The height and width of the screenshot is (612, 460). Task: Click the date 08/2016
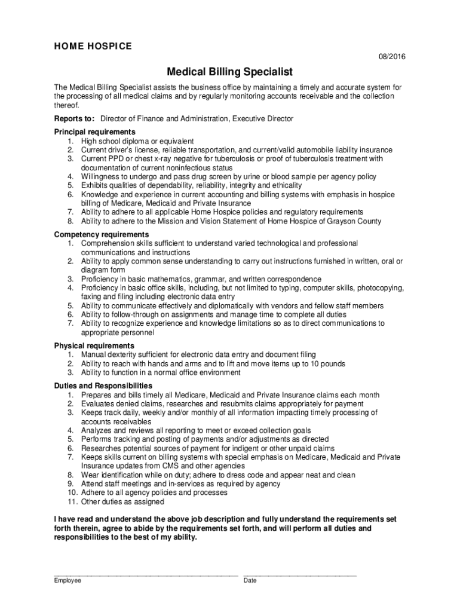click(x=392, y=57)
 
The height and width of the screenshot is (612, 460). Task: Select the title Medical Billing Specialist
click(x=229, y=72)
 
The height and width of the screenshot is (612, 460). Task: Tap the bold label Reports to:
click(x=75, y=119)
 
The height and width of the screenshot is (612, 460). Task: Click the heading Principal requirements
click(x=94, y=131)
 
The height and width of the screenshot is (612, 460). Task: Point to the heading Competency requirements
click(x=102, y=234)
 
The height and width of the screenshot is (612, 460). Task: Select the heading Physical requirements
click(x=94, y=346)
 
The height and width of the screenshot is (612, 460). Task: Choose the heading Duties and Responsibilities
click(x=103, y=386)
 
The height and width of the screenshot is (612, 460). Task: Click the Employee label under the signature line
click(x=68, y=580)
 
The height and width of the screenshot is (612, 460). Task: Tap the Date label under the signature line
click(x=250, y=580)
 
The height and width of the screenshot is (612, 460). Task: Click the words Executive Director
click(x=263, y=119)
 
